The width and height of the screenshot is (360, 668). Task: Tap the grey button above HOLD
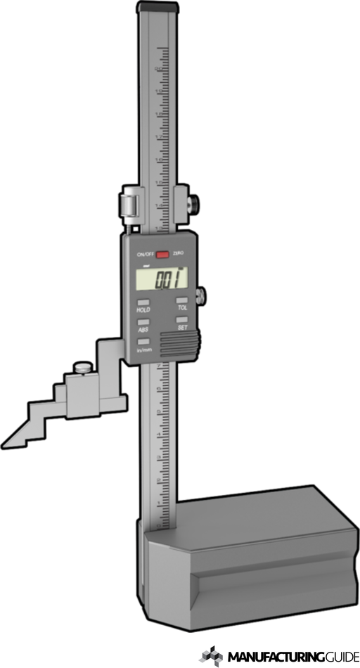pos(143,302)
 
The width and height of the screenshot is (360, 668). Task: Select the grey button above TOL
pos(181,301)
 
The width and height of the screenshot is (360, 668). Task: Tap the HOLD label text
pos(143,310)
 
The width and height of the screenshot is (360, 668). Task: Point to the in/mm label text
pos(143,350)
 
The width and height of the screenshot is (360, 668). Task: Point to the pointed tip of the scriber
pos(6,444)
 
